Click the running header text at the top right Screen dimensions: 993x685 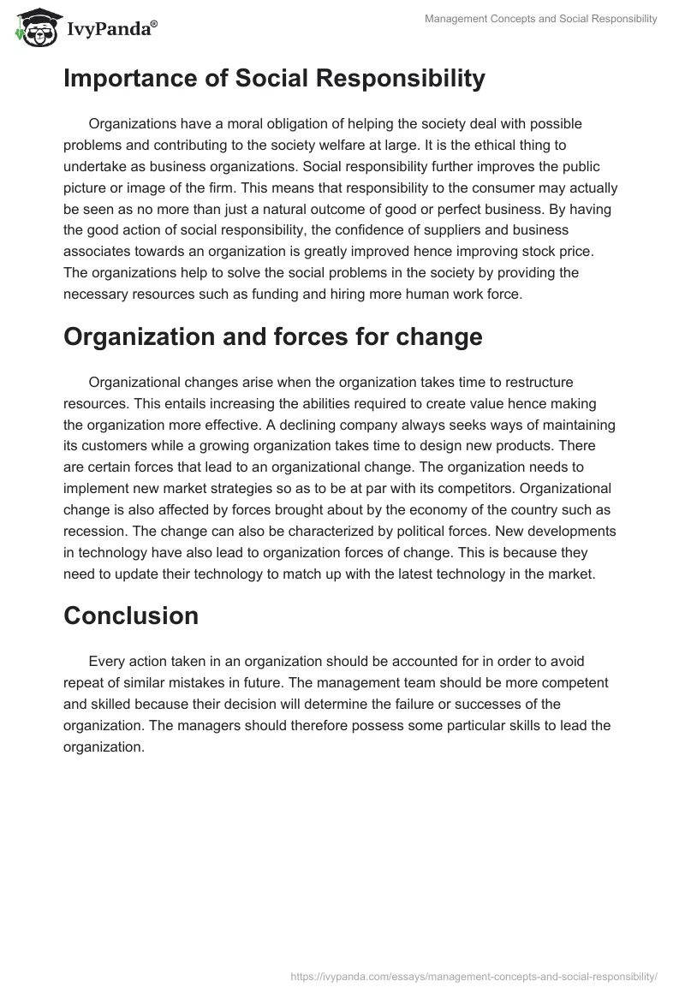tap(541, 19)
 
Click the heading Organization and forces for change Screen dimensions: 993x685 tap(272, 336)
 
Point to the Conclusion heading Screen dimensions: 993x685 tap(131, 615)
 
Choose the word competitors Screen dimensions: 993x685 tap(408, 489)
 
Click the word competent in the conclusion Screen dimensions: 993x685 tap(572, 682)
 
